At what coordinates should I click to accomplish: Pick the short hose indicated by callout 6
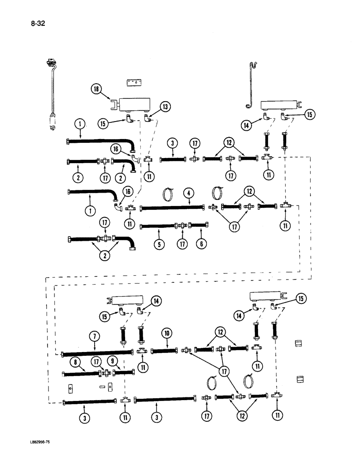[x=199, y=225]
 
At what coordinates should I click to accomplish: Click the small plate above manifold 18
[x=133, y=82]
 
